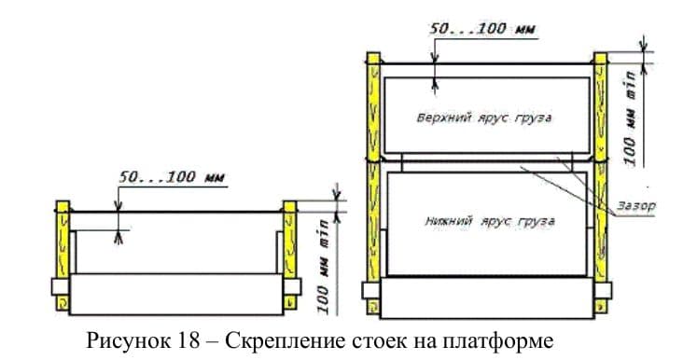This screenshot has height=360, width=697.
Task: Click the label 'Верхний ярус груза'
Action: (x=485, y=119)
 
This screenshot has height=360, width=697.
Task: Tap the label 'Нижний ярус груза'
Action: (x=485, y=222)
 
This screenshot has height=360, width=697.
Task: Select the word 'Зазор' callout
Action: (x=635, y=203)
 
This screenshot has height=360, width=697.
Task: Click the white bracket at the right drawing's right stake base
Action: (x=602, y=287)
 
